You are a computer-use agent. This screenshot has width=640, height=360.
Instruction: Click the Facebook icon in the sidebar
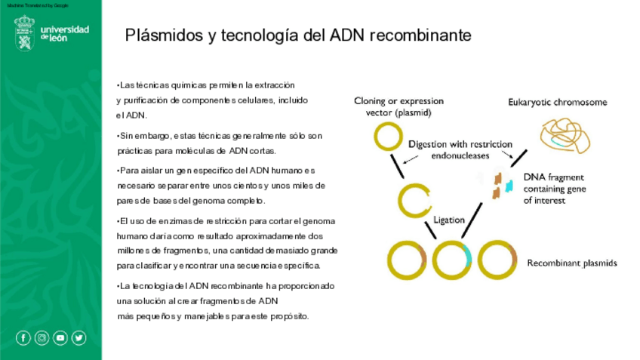click(23, 338)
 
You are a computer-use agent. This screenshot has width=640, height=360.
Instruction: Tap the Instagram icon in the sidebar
click(42, 338)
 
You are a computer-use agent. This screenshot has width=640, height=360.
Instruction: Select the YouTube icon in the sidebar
click(60, 338)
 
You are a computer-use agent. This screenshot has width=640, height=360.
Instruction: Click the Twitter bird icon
click(78, 338)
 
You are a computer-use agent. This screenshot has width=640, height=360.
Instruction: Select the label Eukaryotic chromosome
click(557, 102)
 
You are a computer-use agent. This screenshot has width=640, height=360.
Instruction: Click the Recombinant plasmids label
click(572, 263)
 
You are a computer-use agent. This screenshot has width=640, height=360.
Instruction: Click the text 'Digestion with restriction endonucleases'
click(460, 149)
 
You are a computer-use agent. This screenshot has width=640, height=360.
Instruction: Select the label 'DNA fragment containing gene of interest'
click(555, 188)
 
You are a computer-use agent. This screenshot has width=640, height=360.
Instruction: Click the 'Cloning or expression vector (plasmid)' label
click(398, 106)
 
